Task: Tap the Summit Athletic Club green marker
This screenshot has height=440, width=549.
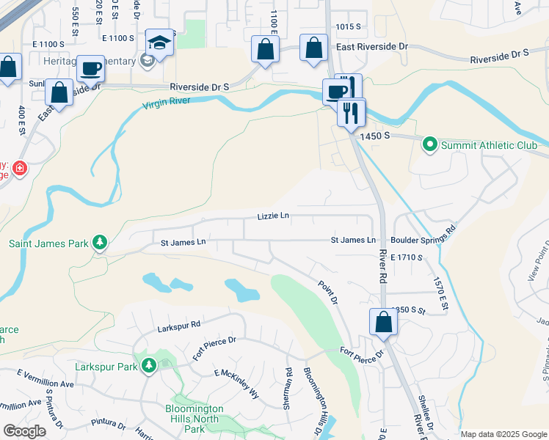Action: click(430, 145)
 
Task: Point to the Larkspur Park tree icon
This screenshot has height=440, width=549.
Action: click(149, 364)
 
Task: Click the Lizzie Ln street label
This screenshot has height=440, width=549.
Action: click(273, 216)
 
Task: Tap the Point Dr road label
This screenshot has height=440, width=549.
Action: click(327, 293)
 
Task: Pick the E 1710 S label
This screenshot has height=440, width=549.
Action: click(408, 257)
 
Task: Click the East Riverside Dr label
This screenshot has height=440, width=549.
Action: click(371, 46)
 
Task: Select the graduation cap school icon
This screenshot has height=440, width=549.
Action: click(159, 43)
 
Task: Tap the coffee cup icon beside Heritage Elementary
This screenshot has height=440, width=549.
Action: click(91, 69)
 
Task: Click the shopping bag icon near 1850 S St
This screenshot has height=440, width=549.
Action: click(383, 322)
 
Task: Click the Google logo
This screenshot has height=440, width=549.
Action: click(24, 430)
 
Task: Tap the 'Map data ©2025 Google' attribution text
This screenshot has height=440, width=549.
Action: click(502, 434)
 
